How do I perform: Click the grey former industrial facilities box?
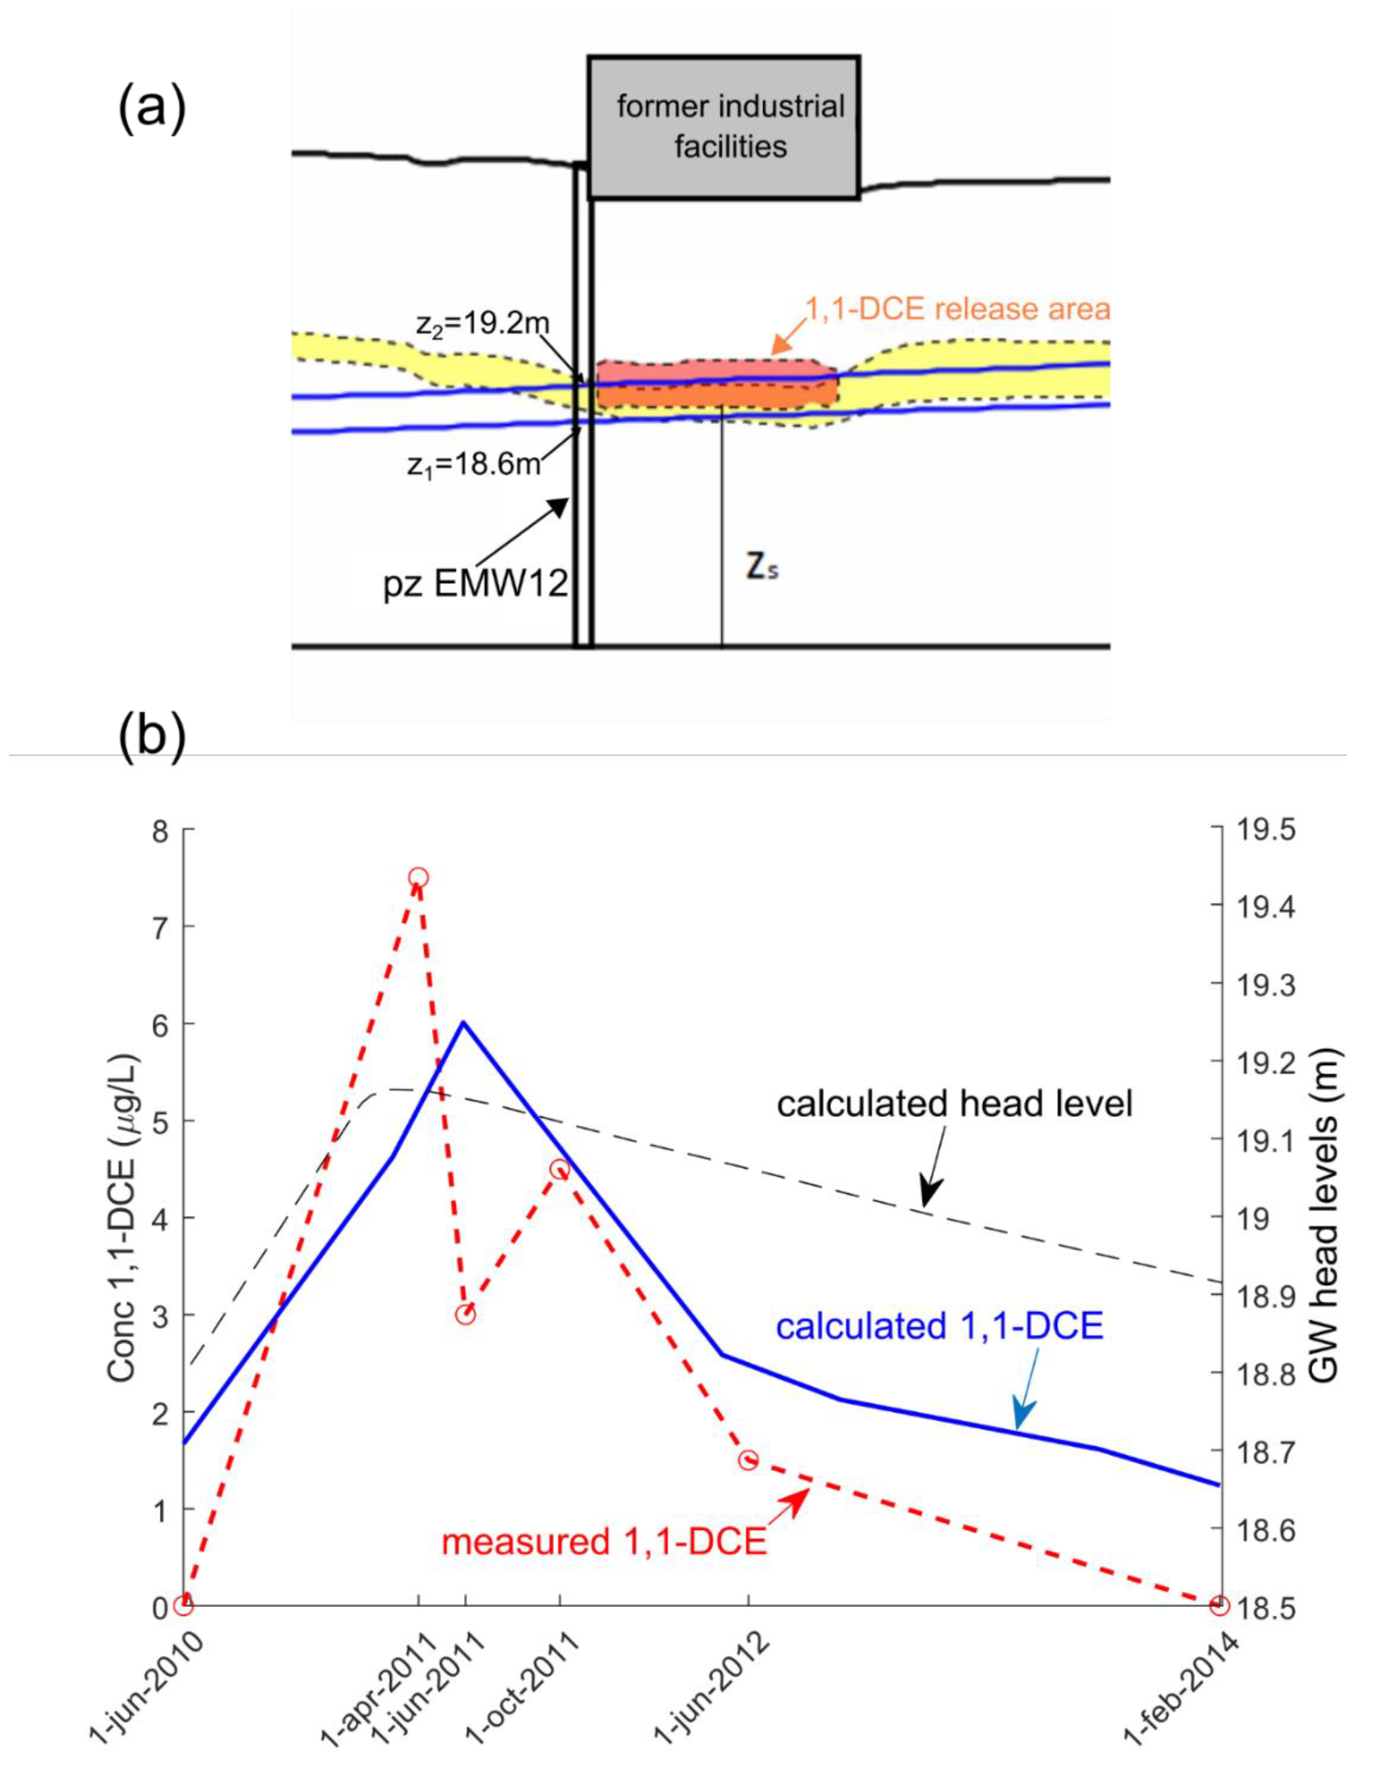(724, 128)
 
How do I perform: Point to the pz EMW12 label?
(475, 584)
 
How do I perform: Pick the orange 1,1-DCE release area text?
(956, 309)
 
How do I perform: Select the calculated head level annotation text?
(954, 1105)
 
